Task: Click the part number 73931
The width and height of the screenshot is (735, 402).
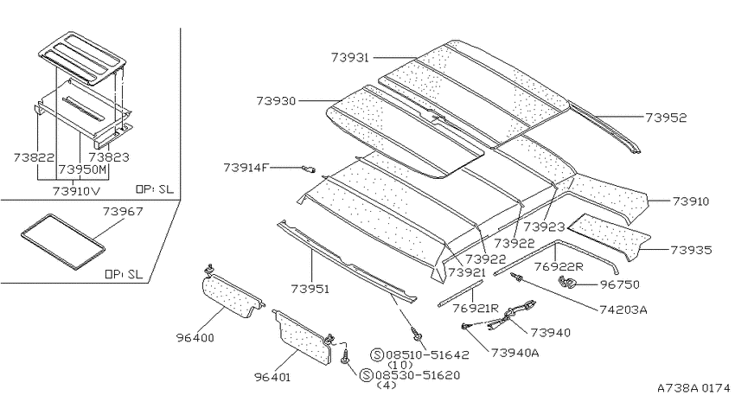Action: [x=349, y=58]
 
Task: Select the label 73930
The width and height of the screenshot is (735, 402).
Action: [x=276, y=101]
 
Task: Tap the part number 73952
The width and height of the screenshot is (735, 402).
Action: [x=666, y=118]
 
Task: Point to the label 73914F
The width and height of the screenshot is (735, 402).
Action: [x=246, y=167]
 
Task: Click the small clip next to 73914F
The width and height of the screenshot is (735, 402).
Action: [x=309, y=169]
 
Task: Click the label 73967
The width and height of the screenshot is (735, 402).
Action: [x=123, y=212]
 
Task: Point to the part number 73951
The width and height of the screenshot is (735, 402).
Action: [x=310, y=289]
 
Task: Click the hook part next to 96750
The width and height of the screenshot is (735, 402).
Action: [x=566, y=283]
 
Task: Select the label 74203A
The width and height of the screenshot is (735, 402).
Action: [x=623, y=309]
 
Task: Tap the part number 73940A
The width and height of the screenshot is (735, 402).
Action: [x=514, y=353]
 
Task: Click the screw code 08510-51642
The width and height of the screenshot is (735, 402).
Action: [x=427, y=354]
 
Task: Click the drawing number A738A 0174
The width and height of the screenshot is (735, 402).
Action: [x=693, y=388]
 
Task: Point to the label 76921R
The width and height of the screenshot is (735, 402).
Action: [x=476, y=309]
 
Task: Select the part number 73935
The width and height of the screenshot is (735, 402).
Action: [x=691, y=250]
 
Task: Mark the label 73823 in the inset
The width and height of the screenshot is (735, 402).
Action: [x=109, y=157]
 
